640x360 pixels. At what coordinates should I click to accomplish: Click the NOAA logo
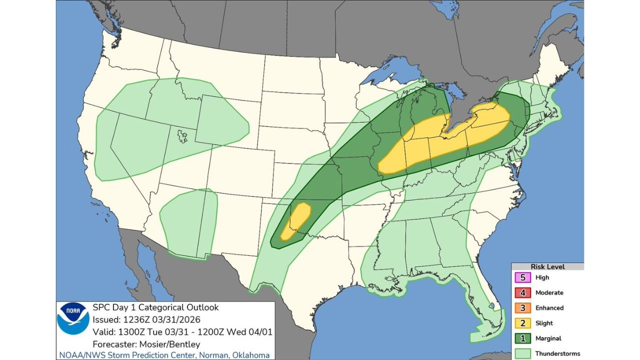coord(73,318)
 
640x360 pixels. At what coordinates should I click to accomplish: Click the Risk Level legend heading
coord(547,267)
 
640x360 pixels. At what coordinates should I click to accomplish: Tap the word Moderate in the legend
coord(549,292)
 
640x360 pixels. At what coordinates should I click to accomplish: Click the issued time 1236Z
coord(131,319)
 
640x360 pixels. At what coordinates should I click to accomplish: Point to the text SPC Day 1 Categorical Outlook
coord(155,307)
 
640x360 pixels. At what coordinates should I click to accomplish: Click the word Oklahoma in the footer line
coord(251,355)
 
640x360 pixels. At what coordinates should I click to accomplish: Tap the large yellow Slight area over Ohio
coord(445,142)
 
